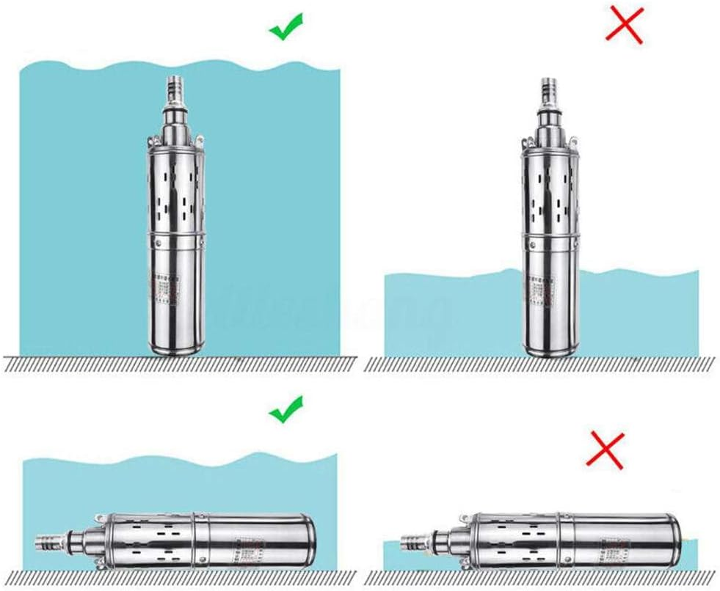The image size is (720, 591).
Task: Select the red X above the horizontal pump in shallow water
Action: pos(605,449)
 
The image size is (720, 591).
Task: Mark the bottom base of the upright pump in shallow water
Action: pos(547,351)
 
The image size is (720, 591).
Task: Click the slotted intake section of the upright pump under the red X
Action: pos(547,191)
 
